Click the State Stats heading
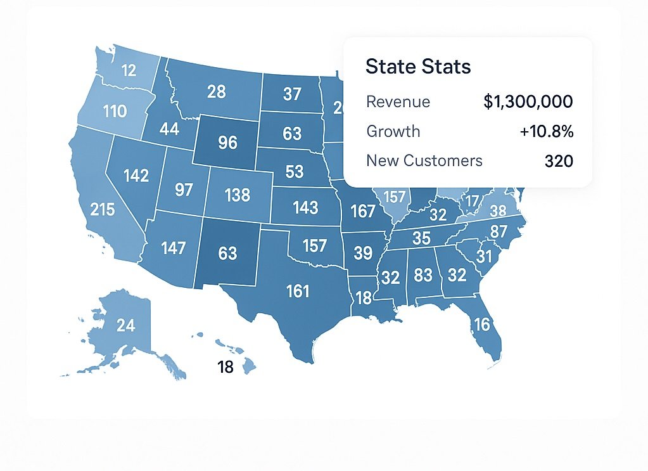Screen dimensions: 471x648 point(418,67)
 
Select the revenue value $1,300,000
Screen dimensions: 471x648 point(528,101)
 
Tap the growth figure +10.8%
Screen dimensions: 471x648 point(546,131)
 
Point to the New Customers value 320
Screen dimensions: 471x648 point(559,161)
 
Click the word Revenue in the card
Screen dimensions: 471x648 point(398,101)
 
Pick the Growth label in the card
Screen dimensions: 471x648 point(393,131)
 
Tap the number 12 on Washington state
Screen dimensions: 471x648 point(129,70)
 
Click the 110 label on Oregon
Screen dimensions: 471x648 point(115,112)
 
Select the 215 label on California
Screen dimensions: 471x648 point(103,209)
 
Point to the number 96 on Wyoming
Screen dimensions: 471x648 point(227,143)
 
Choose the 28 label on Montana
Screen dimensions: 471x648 point(217,92)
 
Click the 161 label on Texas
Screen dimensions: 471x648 point(298,291)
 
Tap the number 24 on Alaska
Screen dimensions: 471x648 point(126,326)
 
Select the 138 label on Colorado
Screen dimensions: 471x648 point(238,195)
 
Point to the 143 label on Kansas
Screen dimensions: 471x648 point(305,207)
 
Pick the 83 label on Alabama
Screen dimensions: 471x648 point(423,276)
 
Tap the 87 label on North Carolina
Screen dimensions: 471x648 point(499,232)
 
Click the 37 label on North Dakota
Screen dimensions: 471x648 point(292,94)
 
